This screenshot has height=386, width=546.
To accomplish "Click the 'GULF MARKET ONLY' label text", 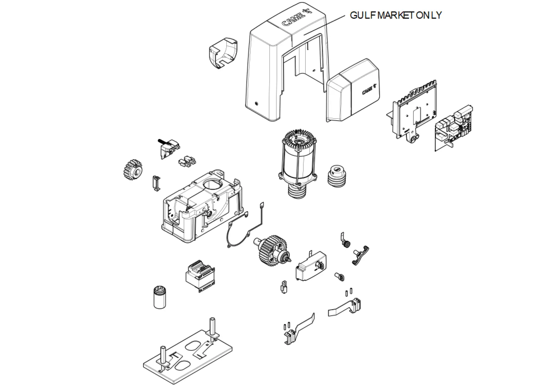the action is (396, 15).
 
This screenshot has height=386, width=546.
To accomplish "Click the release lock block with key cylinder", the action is (311, 265).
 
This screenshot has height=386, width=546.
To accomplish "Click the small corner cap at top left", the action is (223, 53).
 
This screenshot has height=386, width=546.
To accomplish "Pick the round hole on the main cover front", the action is (256, 104).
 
